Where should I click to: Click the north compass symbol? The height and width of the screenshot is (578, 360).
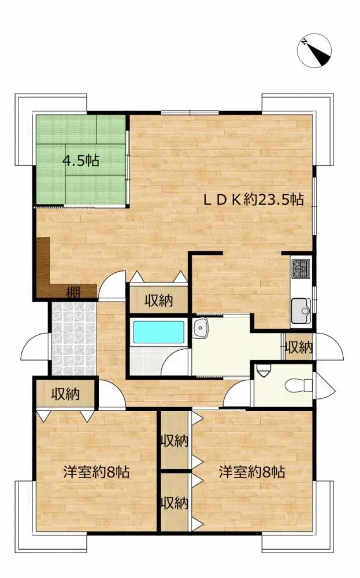coord(315,51)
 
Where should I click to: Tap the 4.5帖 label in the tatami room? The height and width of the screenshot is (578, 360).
coord(80,161)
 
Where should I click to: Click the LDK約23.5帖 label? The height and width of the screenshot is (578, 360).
coord(253,200)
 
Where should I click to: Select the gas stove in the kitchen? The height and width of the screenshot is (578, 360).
coord(301,269)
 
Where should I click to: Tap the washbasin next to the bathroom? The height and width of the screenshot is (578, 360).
coord(201,327)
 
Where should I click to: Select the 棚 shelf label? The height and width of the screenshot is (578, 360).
coord(73,292)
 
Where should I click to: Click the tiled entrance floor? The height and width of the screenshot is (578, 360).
coord(72,338)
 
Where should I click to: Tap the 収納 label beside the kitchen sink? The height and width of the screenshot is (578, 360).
coord(298,347)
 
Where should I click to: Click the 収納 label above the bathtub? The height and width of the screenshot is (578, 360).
coord(158,301)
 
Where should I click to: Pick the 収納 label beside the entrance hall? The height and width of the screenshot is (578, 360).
coord(65,394)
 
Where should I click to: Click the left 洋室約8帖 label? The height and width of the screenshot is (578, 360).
coord(95,472)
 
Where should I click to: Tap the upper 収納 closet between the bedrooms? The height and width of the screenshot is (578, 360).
coord(174,442)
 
